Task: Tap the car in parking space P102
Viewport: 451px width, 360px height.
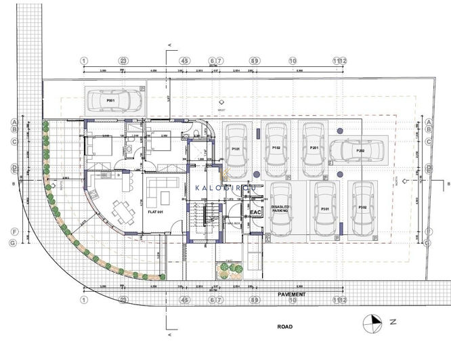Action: click(276, 147)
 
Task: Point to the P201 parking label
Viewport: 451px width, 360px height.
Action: click(314, 148)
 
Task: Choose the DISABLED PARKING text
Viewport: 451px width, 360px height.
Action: click(280, 209)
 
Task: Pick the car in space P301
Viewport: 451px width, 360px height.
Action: click(324, 208)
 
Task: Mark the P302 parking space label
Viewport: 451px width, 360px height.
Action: click(363, 208)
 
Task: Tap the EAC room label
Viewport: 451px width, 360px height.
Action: click(255, 212)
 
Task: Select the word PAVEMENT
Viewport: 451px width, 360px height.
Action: click(291, 295)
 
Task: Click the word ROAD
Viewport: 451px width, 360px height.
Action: click(285, 325)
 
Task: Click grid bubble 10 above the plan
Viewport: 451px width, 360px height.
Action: click(293, 60)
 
